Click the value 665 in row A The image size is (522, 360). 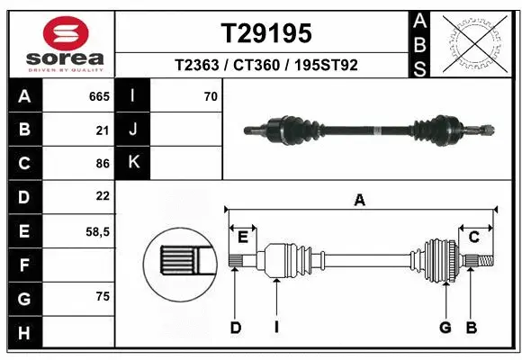99,96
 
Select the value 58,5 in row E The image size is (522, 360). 97,231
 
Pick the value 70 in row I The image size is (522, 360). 211,96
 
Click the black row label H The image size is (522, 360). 23,334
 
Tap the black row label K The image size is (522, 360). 133,163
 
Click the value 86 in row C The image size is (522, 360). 102,164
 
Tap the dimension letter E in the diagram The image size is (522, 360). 242,238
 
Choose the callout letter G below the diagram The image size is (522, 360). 445,328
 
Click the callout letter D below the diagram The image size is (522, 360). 235,328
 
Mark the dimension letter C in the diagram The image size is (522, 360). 472,238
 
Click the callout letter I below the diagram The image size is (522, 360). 276,328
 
